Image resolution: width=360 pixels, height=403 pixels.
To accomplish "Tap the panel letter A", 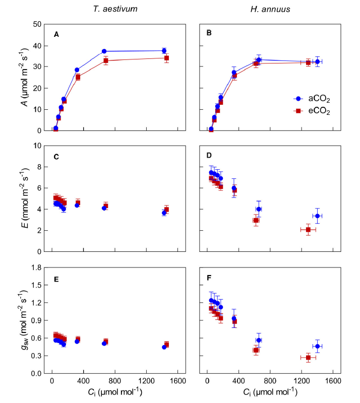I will click(56, 34).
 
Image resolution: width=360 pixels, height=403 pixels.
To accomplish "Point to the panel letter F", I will click(209, 278).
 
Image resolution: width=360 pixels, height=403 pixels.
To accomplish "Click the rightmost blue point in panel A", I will click(164, 51).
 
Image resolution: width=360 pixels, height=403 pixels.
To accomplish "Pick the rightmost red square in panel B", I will click(308, 62).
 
